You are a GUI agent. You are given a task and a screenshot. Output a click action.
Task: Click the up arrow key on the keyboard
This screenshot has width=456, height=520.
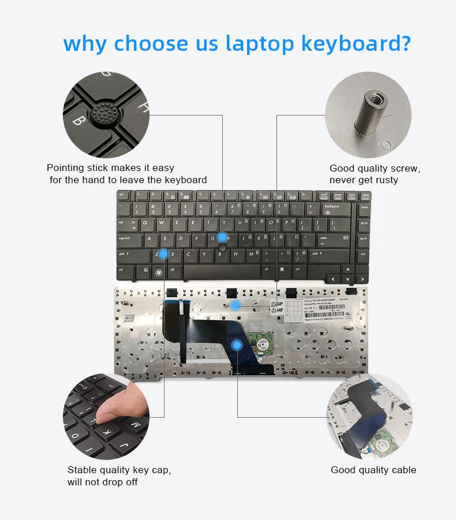(x=348, y=269)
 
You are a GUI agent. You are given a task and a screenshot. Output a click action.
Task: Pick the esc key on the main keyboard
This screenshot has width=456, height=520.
(x=122, y=195)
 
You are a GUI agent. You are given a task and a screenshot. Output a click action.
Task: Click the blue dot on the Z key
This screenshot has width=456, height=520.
(x=163, y=253)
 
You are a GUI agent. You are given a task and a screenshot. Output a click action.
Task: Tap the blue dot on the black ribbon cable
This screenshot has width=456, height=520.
(x=236, y=346)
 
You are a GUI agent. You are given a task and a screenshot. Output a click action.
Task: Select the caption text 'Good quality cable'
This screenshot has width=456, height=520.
(x=373, y=470)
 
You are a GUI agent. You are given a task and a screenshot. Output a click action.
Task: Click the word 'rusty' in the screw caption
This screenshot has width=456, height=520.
(x=386, y=180)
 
